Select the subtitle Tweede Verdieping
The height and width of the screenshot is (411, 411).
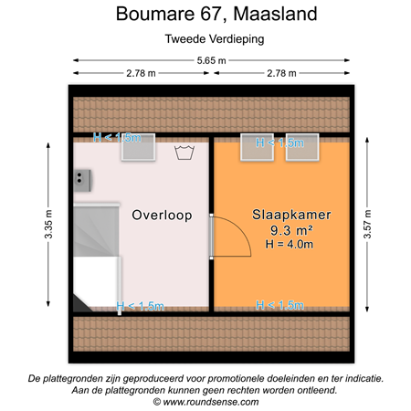(205, 39)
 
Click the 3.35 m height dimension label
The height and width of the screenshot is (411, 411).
(47, 224)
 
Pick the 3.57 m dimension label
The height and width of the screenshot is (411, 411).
(367, 224)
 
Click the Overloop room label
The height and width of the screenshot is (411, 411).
(161, 216)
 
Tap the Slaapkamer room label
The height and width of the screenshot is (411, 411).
(291, 216)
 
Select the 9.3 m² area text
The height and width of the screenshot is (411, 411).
(292, 230)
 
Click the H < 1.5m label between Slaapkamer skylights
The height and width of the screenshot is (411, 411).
(279, 142)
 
